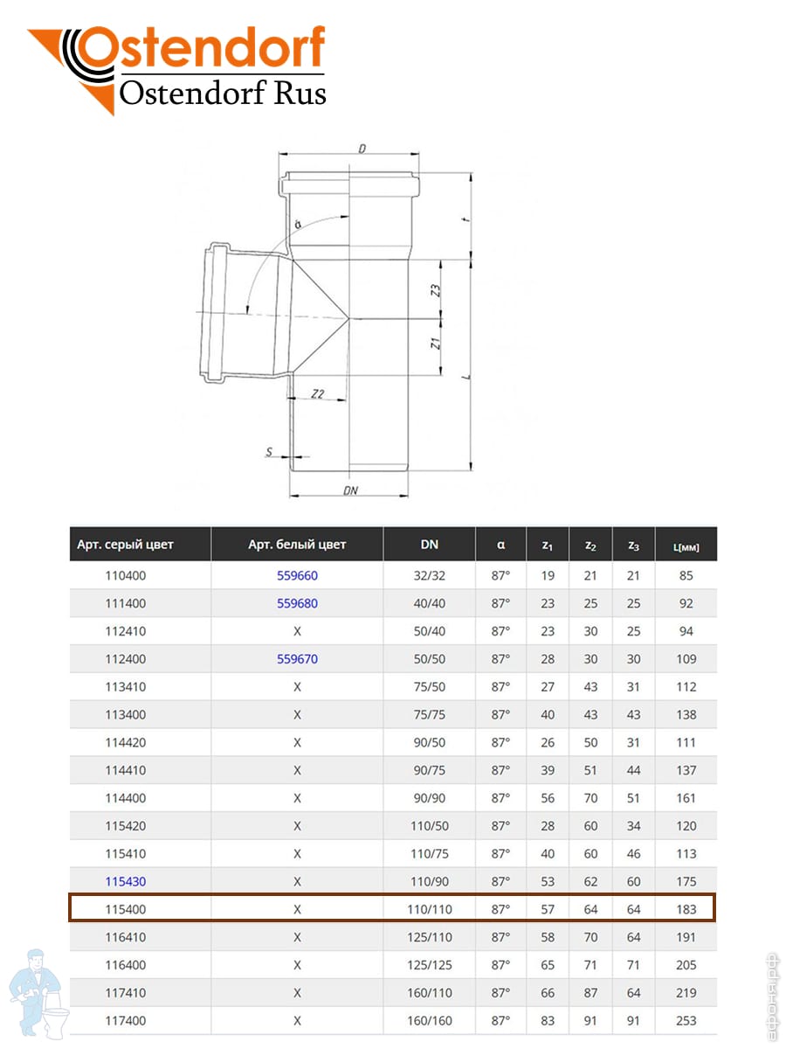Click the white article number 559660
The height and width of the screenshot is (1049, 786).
pos(297,576)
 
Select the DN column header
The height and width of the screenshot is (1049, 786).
pos(429,545)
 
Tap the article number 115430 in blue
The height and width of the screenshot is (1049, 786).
pos(125,881)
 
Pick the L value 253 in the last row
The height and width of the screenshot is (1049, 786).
pos(686,1020)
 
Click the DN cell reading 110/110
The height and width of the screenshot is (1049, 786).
pos(429,909)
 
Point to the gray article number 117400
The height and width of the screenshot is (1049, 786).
pos(125,1020)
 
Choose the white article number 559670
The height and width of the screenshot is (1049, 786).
pos(297,659)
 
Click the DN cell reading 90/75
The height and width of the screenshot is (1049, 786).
pos(429,770)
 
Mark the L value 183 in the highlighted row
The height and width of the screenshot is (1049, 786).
pos(686,909)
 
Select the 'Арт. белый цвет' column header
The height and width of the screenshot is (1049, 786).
pos(297,545)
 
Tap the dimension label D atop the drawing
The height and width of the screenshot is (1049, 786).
pos(362,149)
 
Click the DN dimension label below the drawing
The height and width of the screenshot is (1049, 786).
pos(351,490)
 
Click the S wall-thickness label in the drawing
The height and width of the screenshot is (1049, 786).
pos(271,452)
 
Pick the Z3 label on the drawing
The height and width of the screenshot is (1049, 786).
pos(436,289)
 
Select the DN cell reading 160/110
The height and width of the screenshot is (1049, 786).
pos(429,992)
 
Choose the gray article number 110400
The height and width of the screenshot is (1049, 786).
pos(125,576)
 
